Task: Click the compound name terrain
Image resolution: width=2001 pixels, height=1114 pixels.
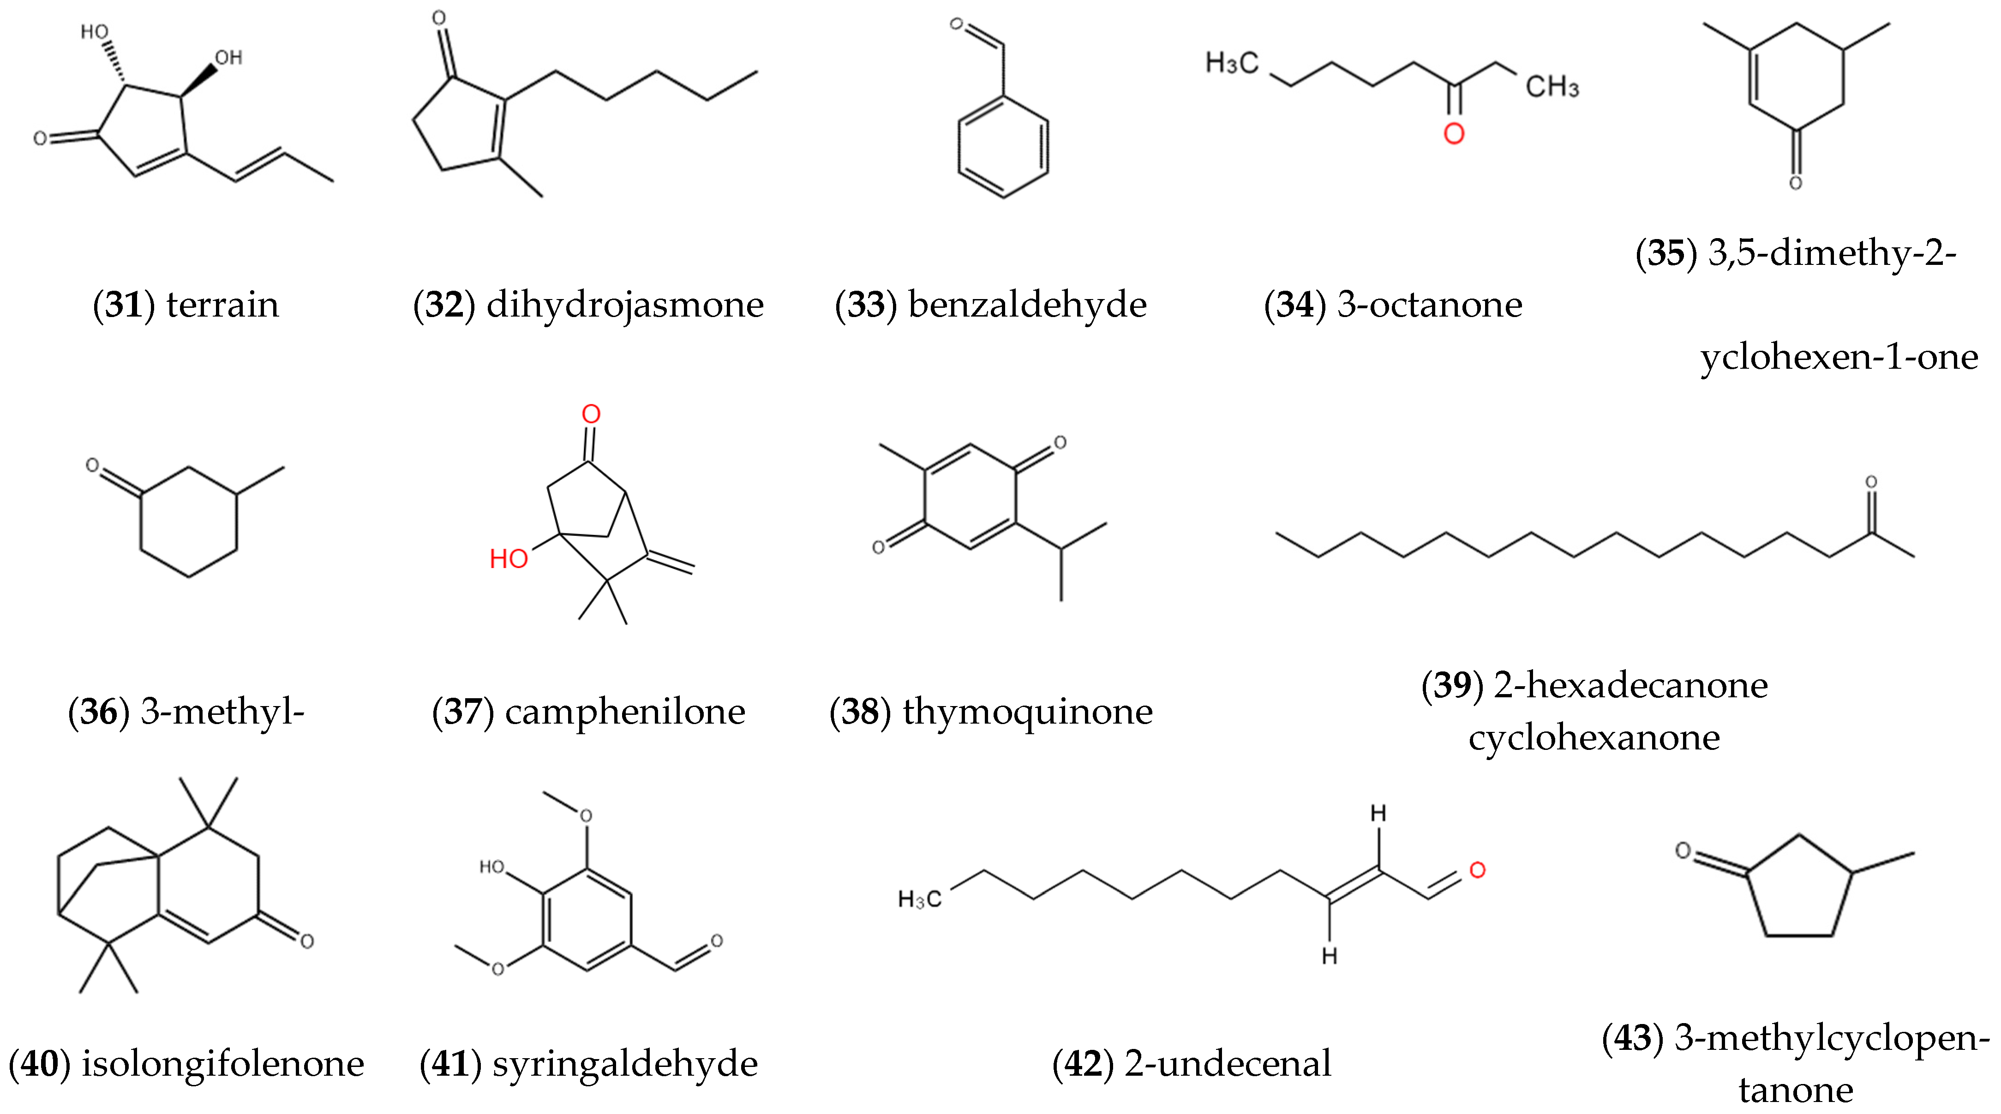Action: point(222,305)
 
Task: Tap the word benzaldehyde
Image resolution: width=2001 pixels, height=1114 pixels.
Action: point(1027,305)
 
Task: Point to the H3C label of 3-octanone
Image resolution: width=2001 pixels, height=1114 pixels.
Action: point(1231,63)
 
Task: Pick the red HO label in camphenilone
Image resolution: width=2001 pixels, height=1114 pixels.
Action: point(509,558)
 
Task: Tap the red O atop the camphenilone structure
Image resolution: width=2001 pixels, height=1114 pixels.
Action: point(591,414)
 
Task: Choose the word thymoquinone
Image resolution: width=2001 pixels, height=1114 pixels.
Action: point(1027,712)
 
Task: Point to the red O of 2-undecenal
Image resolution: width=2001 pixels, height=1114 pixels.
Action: point(1477,870)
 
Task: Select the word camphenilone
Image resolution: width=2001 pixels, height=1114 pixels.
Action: point(624,712)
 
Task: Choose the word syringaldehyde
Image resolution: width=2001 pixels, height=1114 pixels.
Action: point(624,1064)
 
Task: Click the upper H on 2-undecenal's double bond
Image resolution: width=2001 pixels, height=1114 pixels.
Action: point(1378,814)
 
